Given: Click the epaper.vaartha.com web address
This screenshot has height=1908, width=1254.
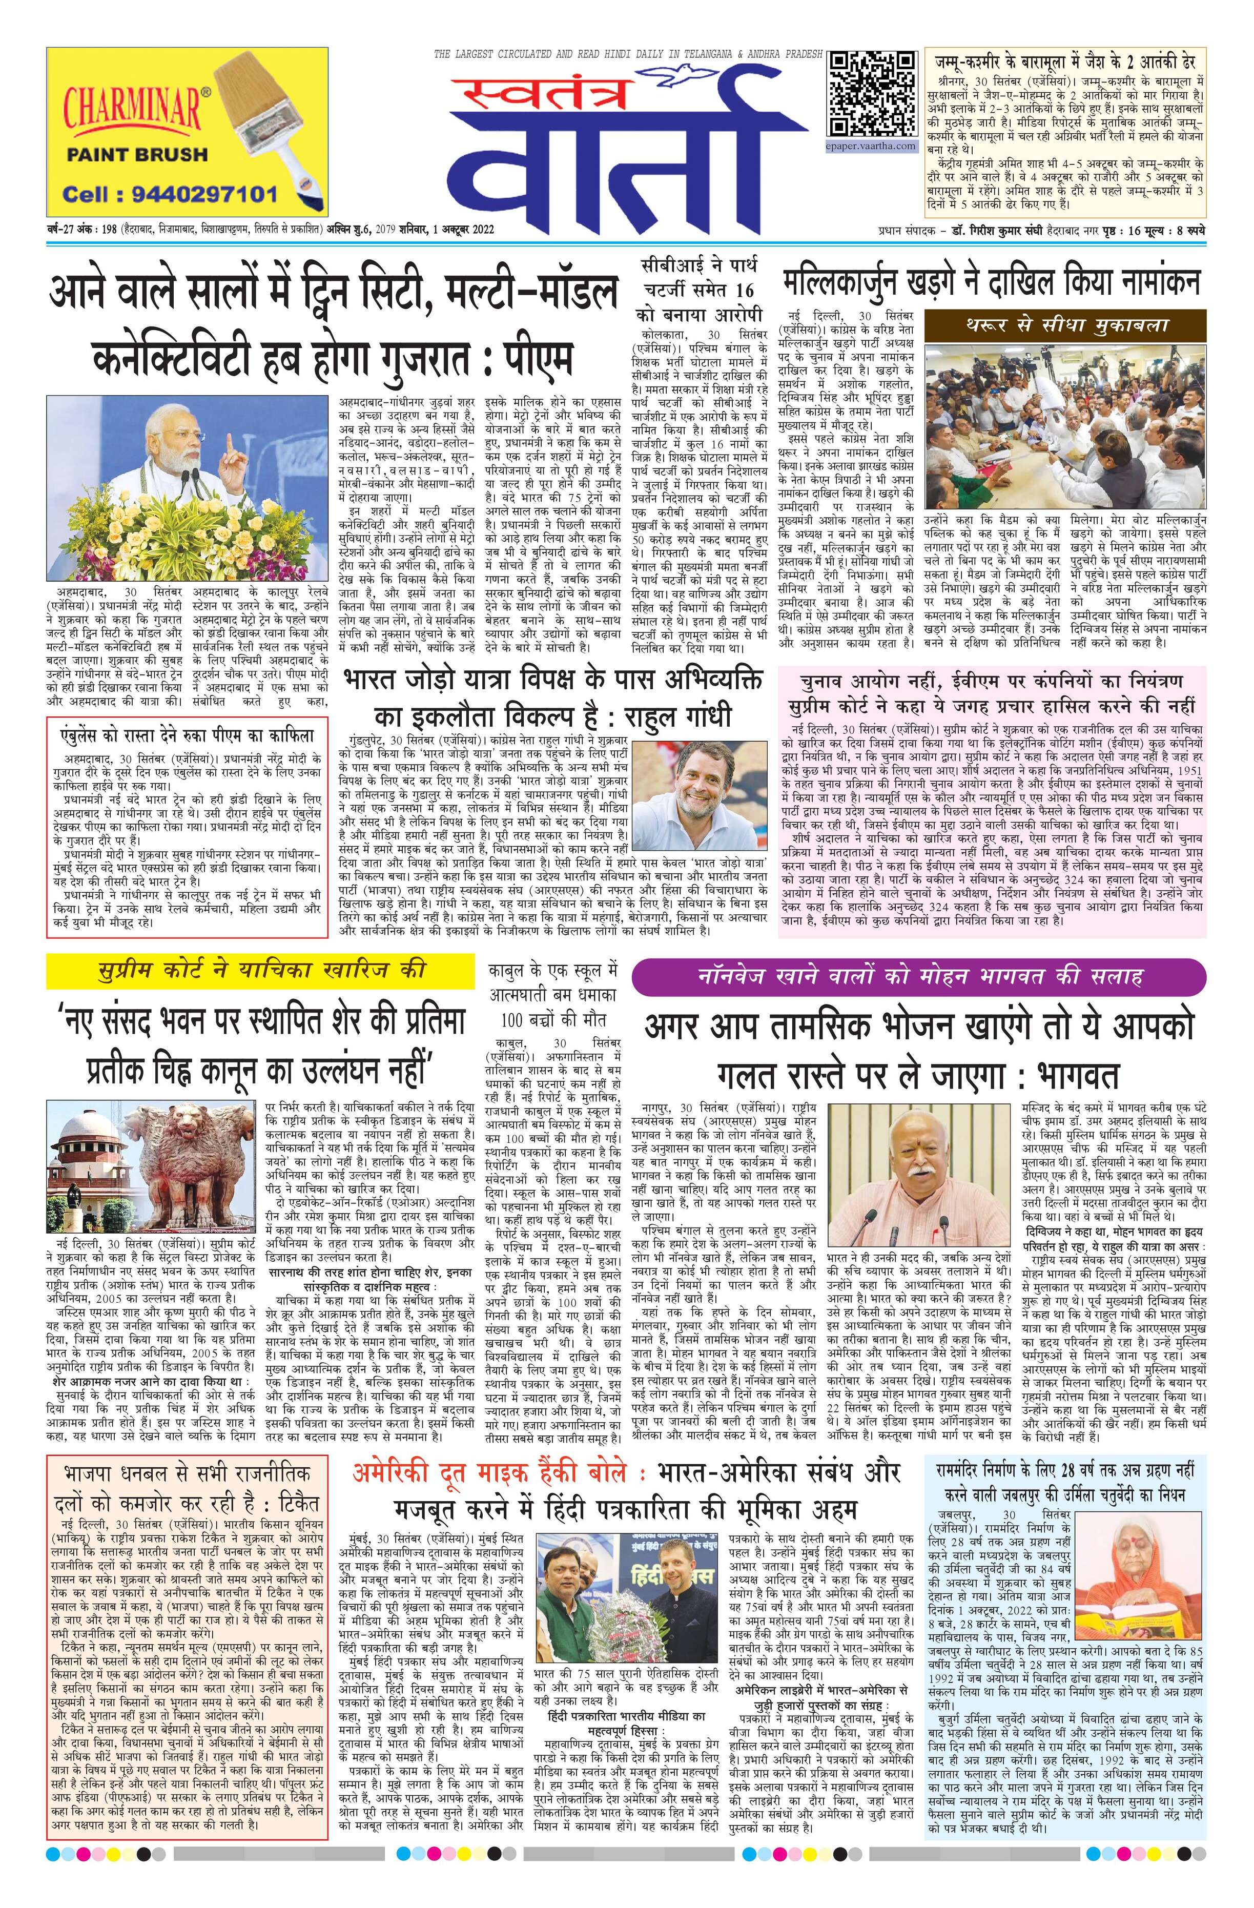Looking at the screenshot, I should [x=872, y=146].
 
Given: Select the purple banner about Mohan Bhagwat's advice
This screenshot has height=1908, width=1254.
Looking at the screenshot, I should [x=918, y=976].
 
